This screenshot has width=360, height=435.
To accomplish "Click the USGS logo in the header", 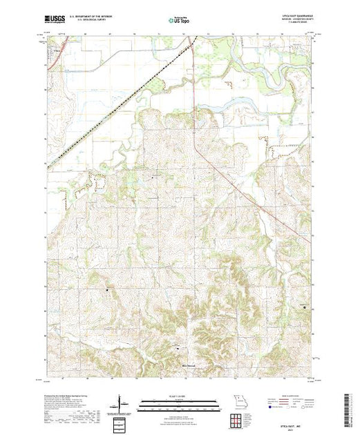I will [x=55, y=21].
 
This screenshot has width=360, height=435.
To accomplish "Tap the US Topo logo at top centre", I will [x=179, y=21].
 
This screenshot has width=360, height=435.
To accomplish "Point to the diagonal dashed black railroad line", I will [x=111, y=110].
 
